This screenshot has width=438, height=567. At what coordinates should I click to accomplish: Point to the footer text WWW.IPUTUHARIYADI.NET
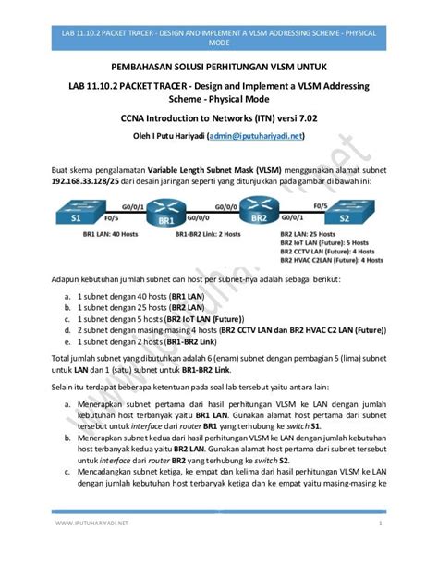[91, 549]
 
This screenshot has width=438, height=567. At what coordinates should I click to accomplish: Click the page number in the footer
[381, 549]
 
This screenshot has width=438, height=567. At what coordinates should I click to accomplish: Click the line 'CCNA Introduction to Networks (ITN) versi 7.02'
[219, 118]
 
